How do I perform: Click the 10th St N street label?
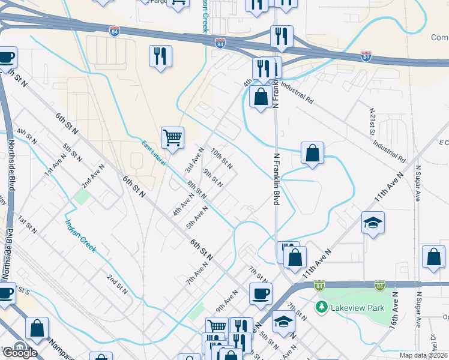coord(221,159)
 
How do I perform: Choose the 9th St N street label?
coord(213,178)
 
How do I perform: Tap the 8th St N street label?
coord(196,190)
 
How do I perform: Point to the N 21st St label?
coord(373,121)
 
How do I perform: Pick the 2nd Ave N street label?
coord(94,174)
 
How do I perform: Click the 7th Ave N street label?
coord(196,273)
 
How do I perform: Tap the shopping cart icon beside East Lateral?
coord(172,137)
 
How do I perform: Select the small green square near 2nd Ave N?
coord(80,197)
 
